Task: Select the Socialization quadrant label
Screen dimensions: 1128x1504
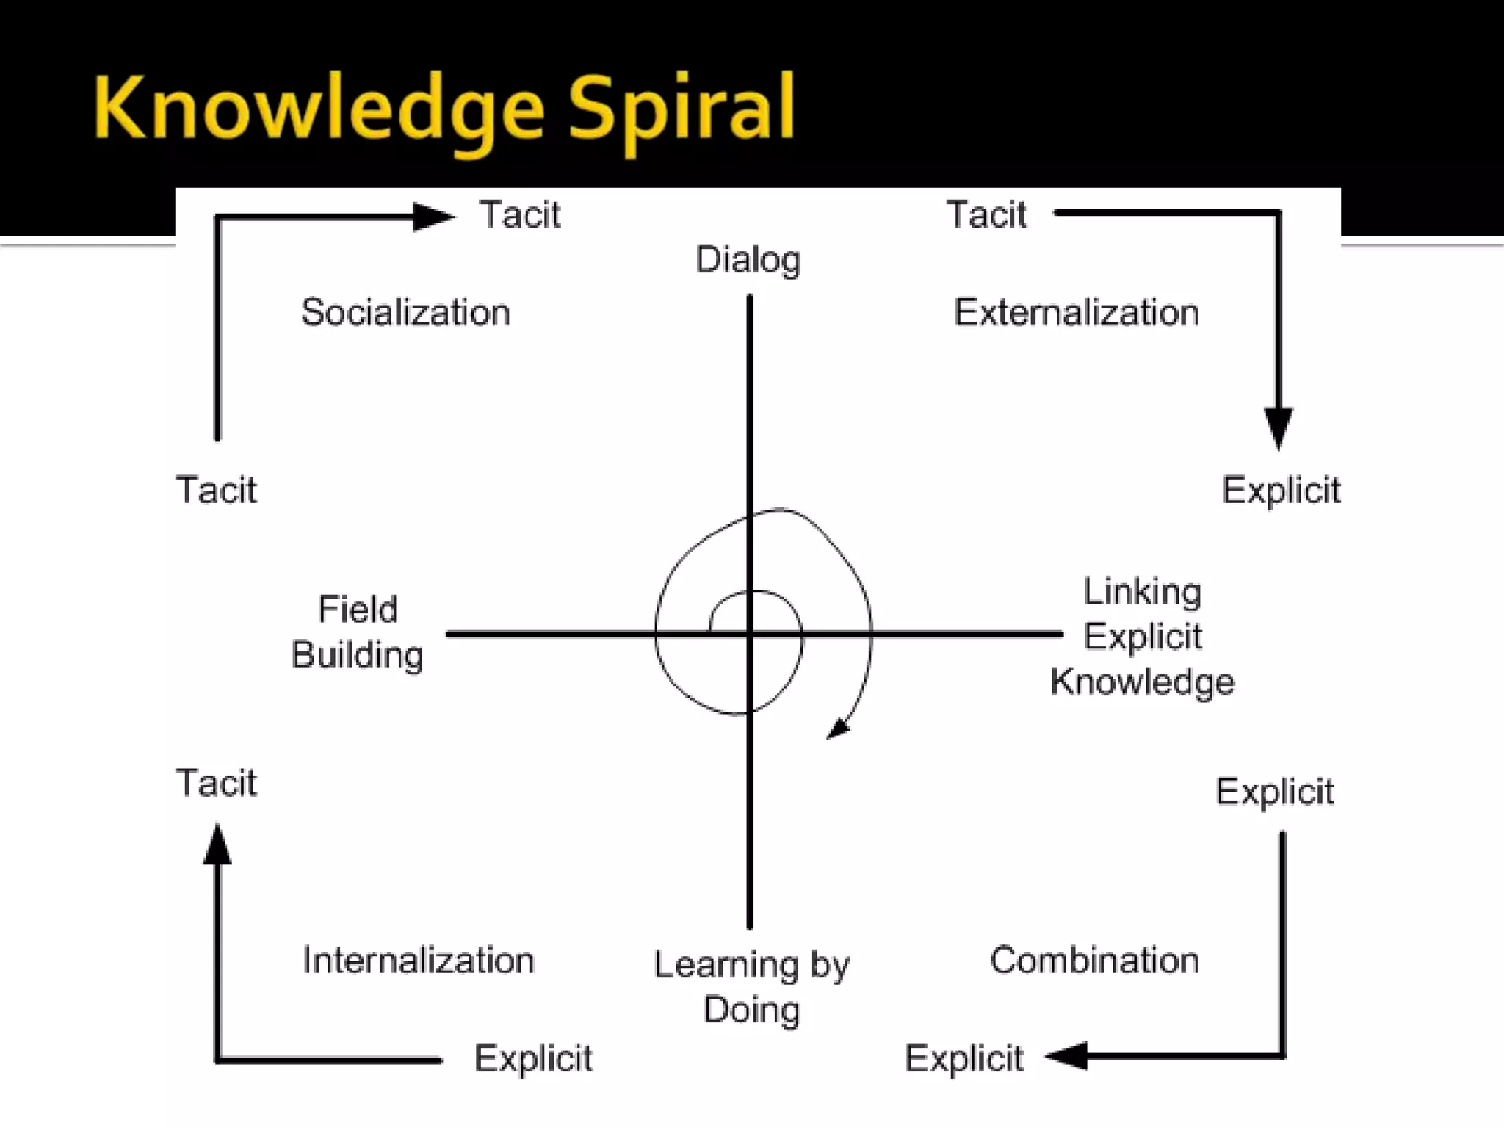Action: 405,312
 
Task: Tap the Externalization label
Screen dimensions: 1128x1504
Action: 1076,312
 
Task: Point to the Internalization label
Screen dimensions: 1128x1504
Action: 418,961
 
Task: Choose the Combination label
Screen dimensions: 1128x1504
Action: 1094,960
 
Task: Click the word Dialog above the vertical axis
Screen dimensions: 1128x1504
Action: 748,260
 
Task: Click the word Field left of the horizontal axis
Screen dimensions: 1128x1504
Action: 358,610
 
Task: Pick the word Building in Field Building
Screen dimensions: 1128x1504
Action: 358,655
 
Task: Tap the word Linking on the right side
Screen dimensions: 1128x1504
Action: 1143,592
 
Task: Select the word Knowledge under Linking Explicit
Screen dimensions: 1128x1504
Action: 1143,682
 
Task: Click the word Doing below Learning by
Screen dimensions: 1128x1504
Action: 751,1010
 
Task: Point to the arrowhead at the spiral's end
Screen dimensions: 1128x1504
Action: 838,730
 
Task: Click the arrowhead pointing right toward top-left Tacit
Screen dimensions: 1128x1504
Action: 433,217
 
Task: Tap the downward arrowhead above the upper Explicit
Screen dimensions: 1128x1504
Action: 1279,427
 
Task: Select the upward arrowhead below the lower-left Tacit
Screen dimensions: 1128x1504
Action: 217,845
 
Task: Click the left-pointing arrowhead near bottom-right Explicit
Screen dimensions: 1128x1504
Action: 1067,1056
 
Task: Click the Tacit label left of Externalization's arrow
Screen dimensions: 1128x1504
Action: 986,215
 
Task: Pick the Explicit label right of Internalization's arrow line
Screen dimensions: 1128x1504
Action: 533,1059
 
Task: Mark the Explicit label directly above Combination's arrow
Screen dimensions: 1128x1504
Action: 1275,792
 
